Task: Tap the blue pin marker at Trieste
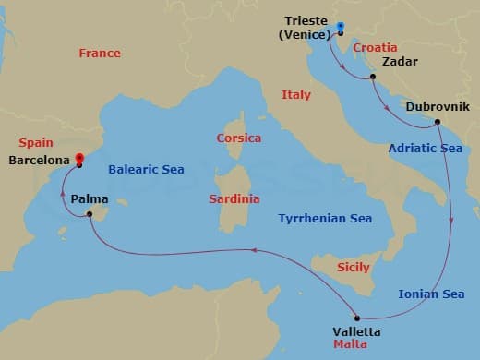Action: click(341, 28)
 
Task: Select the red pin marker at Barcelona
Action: click(79, 159)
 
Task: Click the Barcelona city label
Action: click(39, 160)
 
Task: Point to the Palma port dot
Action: click(90, 215)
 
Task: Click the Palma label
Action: click(89, 198)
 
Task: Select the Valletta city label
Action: click(356, 331)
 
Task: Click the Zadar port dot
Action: click(372, 78)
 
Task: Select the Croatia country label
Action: click(375, 46)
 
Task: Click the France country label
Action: click(100, 53)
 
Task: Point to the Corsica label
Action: click(238, 138)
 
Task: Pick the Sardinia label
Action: click(234, 198)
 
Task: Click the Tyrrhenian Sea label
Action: click(325, 219)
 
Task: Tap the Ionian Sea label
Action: click(431, 294)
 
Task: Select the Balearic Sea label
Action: click(146, 170)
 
